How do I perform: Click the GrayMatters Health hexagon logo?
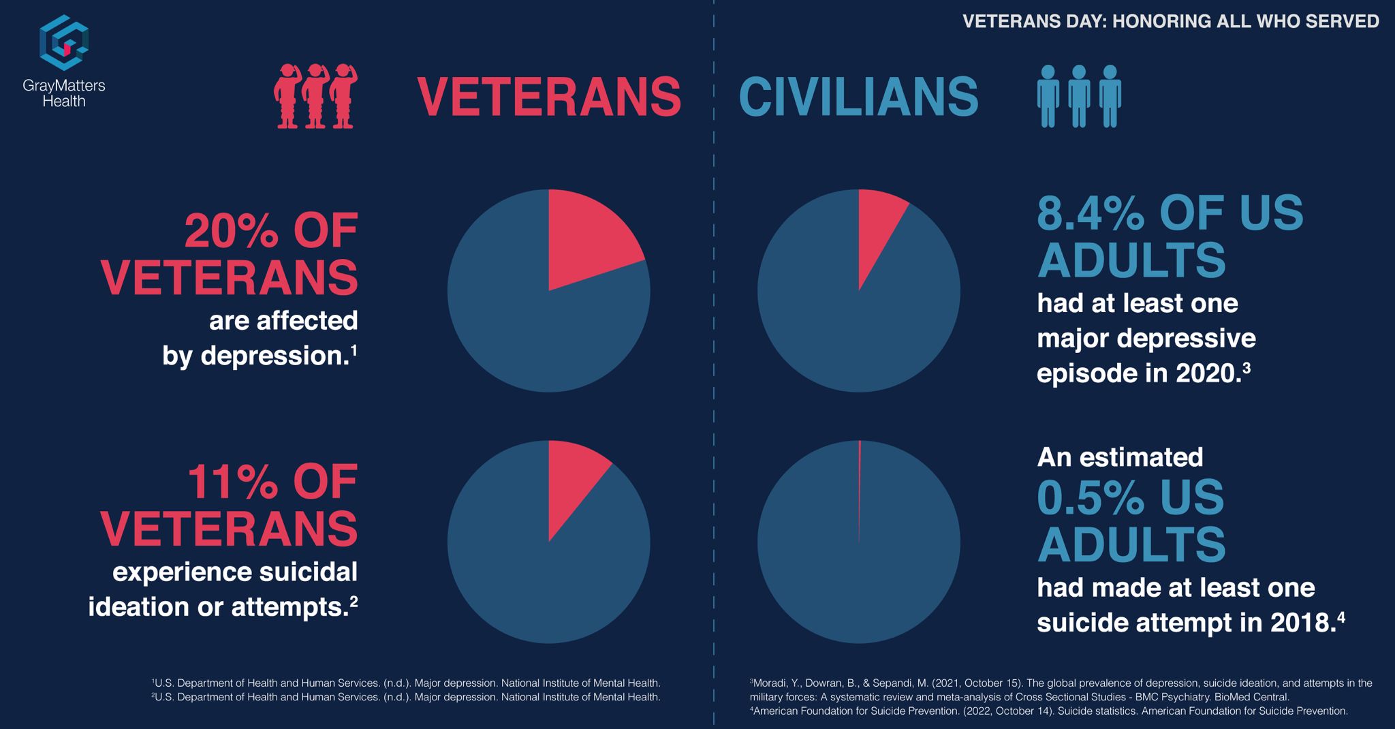(64, 42)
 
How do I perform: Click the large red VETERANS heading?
(549, 97)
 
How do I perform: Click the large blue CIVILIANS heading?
(858, 97)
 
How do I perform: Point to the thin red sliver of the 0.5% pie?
(860, 477)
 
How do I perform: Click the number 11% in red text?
(232, 482)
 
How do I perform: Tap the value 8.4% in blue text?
(1091, 213)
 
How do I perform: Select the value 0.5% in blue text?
(1091, 497)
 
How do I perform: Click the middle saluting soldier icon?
(314, 96)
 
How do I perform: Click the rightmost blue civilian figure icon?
(1110, 96)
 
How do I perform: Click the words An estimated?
(1120, 457)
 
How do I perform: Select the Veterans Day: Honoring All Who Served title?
(1170, 21)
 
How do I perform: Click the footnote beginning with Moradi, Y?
(1060, 689)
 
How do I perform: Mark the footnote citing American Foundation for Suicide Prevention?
(1049, 711)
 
